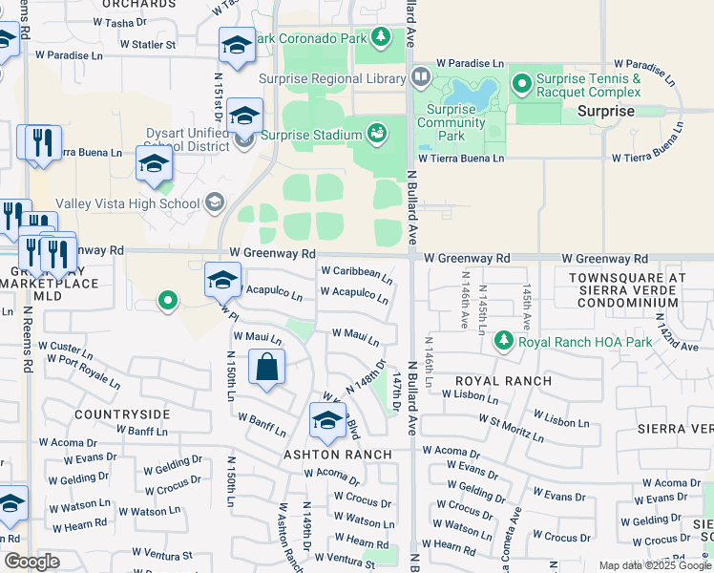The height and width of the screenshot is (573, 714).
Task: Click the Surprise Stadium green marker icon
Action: pos(376,134)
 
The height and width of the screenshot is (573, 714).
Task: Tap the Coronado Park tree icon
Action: pos(381,37)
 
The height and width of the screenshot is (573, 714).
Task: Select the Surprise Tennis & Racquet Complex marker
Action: pos(522,85)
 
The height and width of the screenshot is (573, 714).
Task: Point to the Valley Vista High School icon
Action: pos(215,202)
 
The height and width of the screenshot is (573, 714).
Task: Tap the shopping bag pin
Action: pos(267,367)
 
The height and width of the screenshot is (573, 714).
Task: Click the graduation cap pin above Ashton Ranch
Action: pos(327,420)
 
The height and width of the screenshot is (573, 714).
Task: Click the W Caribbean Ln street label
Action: pos(356,275)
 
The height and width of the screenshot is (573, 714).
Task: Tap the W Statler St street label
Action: pos(147,44)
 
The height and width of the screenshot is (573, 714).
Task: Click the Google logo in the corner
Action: pos(31,562)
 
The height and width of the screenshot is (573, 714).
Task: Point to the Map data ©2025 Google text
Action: pos(654,565)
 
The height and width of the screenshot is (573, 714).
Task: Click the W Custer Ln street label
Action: pos(65,349)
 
